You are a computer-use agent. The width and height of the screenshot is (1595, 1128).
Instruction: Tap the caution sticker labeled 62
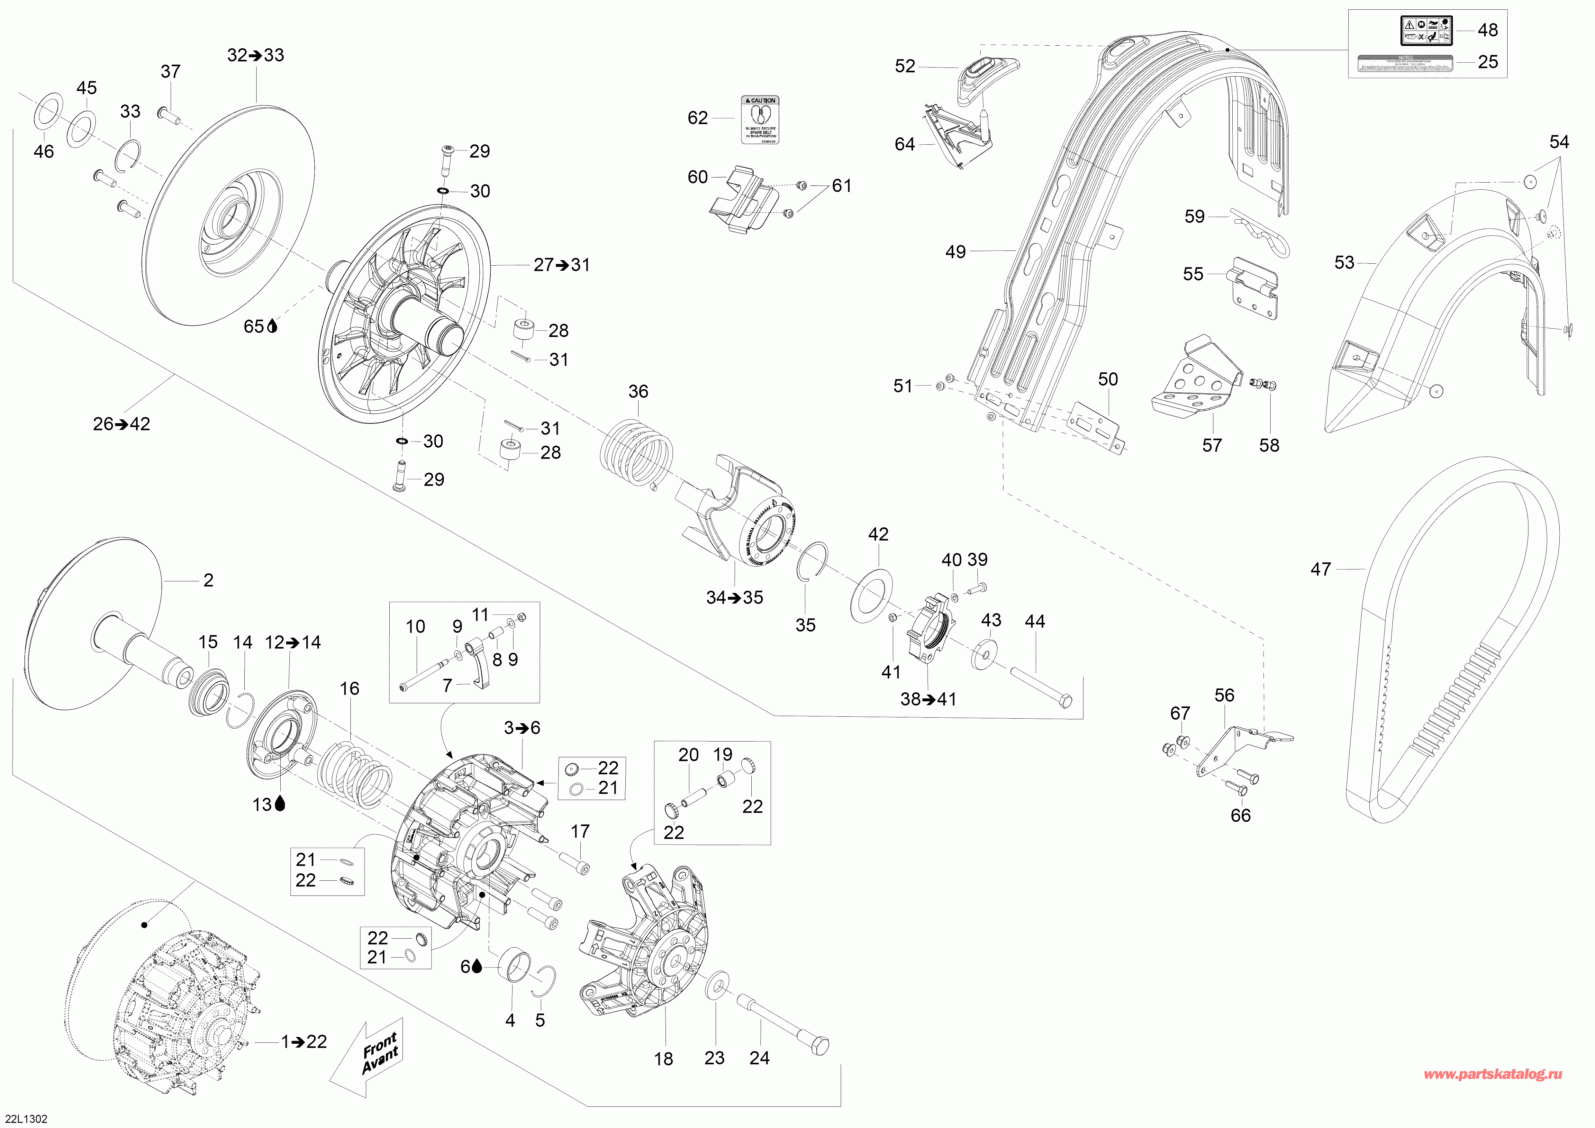coord(760,120)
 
